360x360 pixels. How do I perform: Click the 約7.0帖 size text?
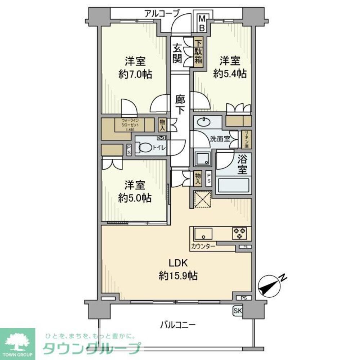(x=135, y=75)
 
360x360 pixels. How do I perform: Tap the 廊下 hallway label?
(x=180, y=104)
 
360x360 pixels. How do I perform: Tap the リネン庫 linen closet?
(x=247, y=139)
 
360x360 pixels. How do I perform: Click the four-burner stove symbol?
(x=239, y=234)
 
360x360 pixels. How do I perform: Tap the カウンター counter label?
(x=204, y=246)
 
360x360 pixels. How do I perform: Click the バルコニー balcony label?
(x=177, y=325)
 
